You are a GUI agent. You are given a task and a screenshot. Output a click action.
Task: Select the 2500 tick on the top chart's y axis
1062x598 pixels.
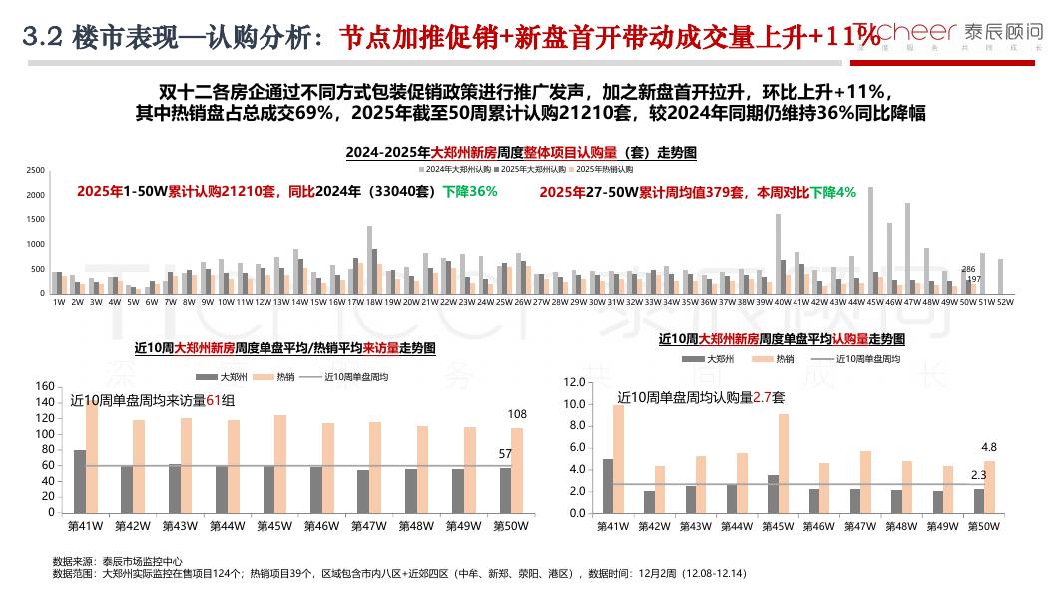point(36,170)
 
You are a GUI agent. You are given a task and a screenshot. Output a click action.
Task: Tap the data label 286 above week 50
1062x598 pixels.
point(968,269)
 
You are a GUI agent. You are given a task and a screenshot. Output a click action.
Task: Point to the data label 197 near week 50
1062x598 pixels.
point(974,279)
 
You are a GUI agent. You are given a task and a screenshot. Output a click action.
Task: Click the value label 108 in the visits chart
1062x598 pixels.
point(518,414)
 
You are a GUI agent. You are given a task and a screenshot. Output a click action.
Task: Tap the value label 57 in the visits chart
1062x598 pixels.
point(505,454)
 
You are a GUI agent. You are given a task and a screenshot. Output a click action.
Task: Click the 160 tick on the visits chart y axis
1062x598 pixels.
point(44,387)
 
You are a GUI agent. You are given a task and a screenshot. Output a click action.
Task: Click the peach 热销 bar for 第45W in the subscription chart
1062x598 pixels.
point(784,463)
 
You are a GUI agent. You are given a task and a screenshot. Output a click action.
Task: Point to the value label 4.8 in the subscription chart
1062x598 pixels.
point(989,447)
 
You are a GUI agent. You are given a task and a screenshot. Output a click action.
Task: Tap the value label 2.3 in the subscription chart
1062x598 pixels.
point(978,475)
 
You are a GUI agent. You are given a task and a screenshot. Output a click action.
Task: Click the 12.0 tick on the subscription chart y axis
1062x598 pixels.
point(573,382)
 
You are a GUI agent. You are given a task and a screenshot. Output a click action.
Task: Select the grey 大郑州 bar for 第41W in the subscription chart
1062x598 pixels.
point(607,485)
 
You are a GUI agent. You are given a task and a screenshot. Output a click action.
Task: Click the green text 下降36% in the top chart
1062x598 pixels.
point(470,191)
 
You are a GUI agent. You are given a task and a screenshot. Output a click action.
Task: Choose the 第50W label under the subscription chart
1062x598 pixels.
point(984,525)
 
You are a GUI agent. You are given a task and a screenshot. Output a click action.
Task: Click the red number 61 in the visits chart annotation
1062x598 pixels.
point(213,400)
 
